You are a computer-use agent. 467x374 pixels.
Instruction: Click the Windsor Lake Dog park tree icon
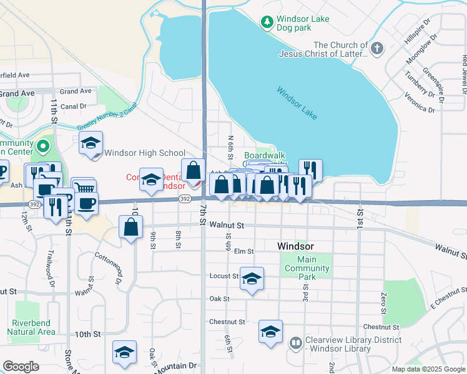(267, 22)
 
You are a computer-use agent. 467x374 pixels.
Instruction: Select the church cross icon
(376, 49)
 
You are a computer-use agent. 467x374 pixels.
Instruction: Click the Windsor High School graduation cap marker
(91, 144)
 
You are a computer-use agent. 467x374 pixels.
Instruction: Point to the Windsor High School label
(145, 153)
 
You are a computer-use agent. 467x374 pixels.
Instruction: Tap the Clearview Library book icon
(295, 342)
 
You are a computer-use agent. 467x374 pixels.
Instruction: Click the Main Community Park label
(315, 264)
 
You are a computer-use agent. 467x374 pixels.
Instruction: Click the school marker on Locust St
(252, 279)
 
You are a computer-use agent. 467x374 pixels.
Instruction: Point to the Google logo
(21, 367)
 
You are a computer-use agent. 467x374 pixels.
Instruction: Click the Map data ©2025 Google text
(428, 369)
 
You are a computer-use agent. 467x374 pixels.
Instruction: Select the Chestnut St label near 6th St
(225, 322)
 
